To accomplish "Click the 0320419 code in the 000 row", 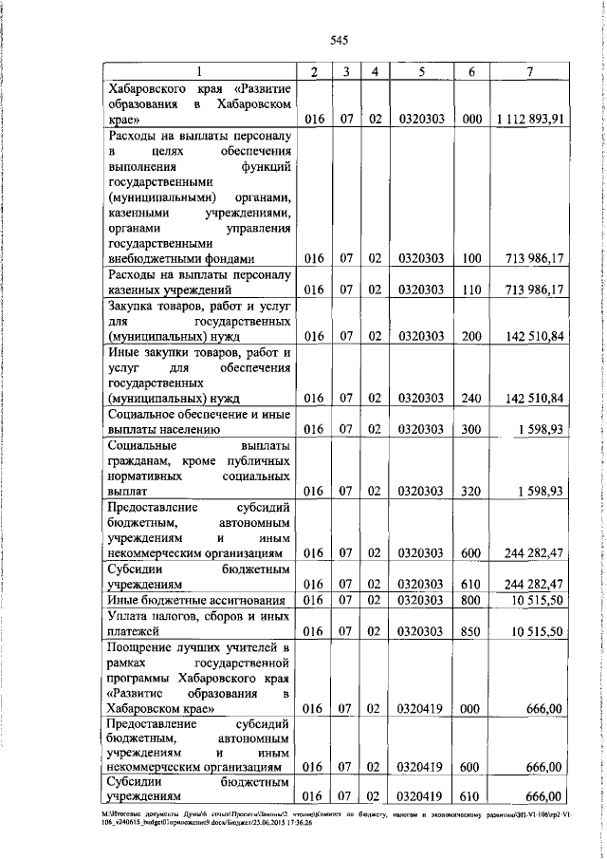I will pyautogui.click(x=422, y=707).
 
